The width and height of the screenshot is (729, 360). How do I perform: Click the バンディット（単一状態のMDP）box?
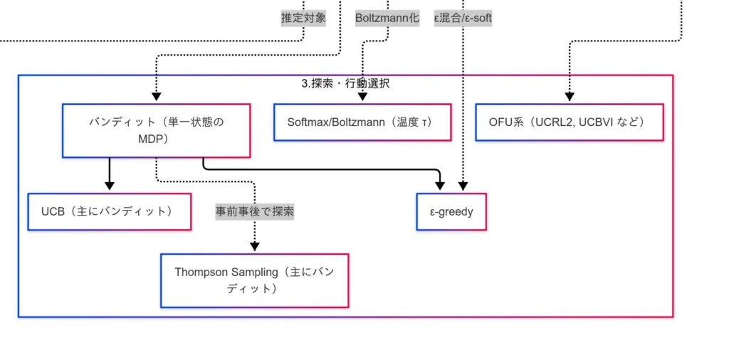coord(156,131)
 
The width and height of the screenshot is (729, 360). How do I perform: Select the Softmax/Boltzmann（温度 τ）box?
coord(362,122)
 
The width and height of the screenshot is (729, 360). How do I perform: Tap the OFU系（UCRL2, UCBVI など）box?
coord(569,122)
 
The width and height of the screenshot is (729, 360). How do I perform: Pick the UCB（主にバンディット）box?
coord(109,211)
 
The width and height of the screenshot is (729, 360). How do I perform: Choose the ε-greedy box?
coord(451,211)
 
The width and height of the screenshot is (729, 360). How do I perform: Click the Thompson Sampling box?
coord(254,280)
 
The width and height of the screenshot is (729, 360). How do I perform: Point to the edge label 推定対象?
coord(304,18)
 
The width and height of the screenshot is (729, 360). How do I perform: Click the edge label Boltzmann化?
coord(387,18)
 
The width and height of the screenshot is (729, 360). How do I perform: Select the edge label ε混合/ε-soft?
coord(463,18)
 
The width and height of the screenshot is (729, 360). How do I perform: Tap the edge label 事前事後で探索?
coord(255,211)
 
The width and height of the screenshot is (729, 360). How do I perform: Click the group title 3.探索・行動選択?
coord(345,83)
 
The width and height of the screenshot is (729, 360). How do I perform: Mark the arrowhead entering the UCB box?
coord(109,186)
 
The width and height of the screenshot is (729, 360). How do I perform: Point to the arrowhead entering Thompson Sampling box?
coord(255,248)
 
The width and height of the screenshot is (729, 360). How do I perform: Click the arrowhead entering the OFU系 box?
coord(569,98)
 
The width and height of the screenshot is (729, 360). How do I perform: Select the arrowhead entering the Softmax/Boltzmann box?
coord(362,98)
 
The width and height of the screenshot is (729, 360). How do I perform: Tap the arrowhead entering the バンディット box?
coord(156,98)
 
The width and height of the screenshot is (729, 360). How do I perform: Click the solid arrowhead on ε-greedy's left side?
coord(440,186)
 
